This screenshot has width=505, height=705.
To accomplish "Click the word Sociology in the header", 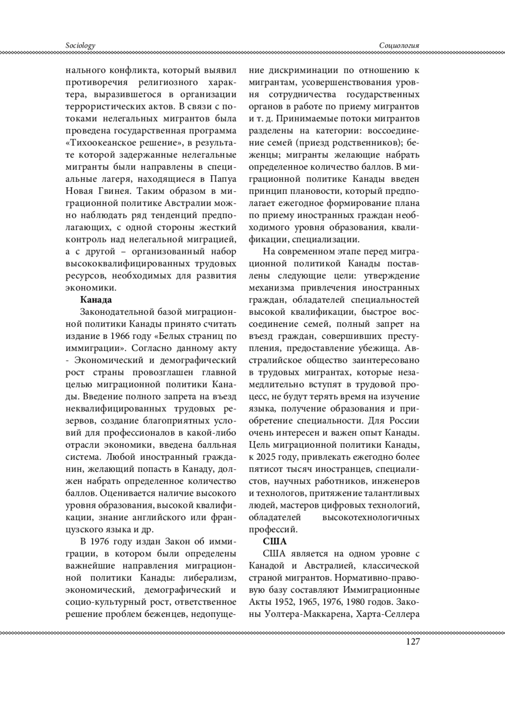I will click(x=80, y=45).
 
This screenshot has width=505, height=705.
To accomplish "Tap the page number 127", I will click(x=412, y=641).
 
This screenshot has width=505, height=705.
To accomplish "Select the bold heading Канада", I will click(x=96, y=300).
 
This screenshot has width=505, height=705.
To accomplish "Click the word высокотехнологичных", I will click(x=370, y=517).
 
